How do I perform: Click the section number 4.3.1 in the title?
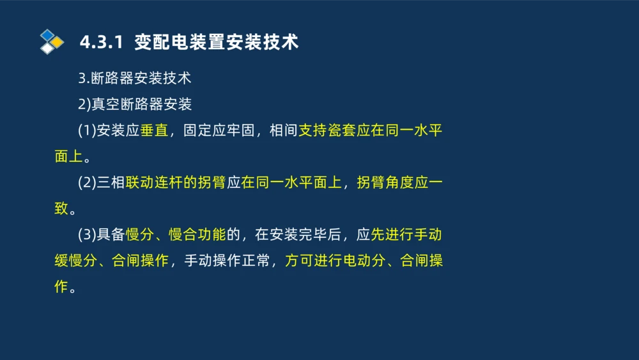100,43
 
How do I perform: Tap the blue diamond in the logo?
47,35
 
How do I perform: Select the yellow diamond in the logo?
58,42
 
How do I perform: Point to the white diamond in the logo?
47,49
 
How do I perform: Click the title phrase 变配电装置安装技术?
217,43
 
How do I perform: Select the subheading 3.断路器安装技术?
135,79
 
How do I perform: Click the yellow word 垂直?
154,131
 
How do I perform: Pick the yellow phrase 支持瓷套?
327,131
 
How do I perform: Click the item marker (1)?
87,131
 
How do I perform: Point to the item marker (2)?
87,183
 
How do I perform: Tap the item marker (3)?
87,235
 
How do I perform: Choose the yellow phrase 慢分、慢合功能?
176,235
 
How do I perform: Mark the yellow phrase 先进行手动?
406,235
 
